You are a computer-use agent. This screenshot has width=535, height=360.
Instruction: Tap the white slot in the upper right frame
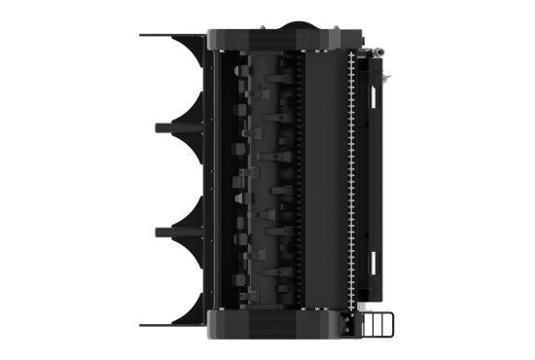coord(373,94)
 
